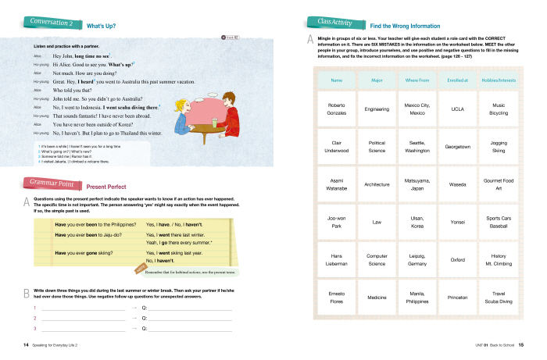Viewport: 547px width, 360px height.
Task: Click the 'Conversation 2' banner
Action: pos(49,23)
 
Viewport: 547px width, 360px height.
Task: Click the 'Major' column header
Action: pos(377,80)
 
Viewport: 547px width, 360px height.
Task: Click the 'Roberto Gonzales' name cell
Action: pos(337,109)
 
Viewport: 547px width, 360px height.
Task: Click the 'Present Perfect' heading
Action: pos(106,187)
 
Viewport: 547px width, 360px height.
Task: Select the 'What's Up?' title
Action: pos(102,26)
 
